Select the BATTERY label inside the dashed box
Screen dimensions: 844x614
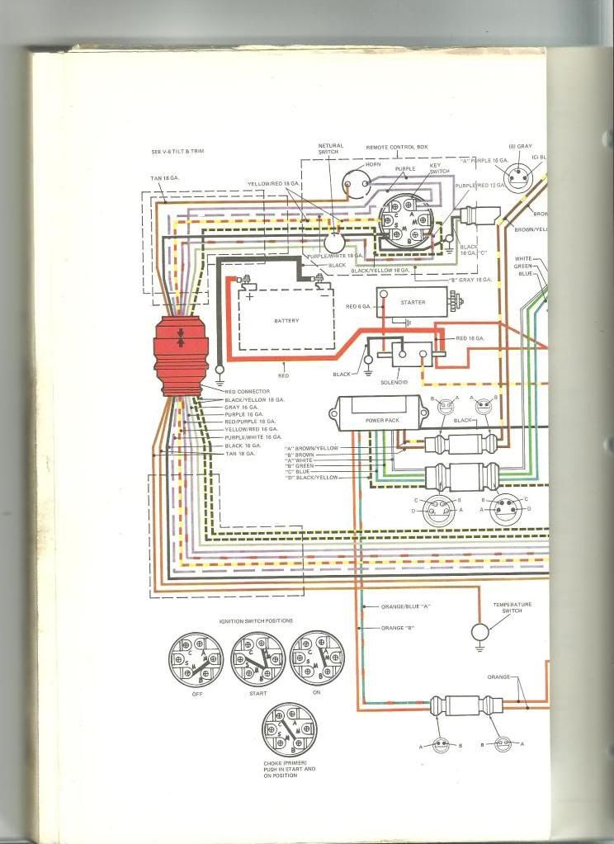point(286,320)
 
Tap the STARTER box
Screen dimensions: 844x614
point(412,303)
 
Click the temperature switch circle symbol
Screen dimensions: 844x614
point(479,633)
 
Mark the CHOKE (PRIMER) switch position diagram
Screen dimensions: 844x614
point(290,730)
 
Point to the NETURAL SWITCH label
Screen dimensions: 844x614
point(331,149)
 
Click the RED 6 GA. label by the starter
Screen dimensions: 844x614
point(359,307)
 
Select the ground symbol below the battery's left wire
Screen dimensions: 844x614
point(220,382)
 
